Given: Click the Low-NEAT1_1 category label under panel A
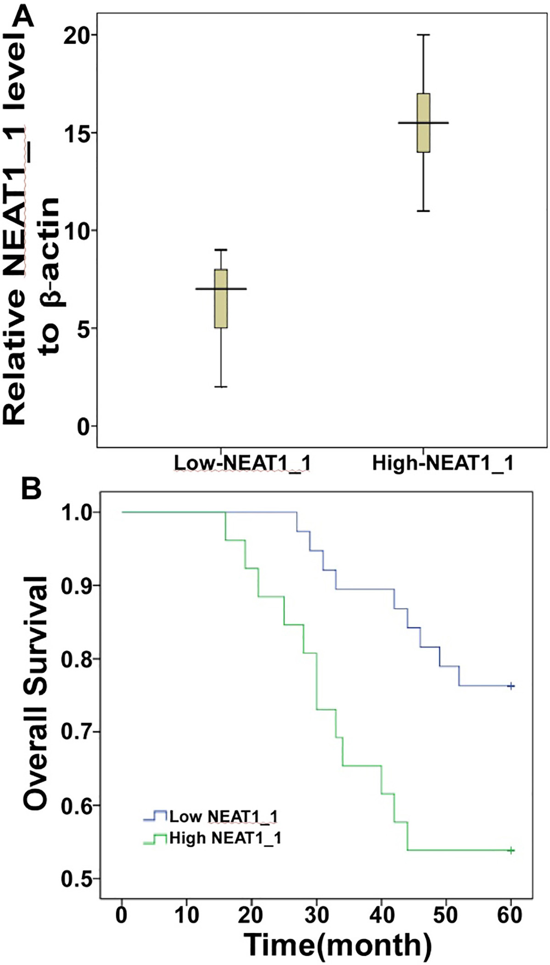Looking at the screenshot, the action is point(242,463).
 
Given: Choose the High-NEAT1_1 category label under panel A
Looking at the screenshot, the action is point(443,463).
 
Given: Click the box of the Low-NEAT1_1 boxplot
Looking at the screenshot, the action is point(221,299).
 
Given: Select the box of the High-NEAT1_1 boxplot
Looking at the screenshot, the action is point(423,123).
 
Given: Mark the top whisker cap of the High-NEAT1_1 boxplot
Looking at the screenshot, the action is point(423,34).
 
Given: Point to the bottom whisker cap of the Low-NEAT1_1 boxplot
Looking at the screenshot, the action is point(221,387).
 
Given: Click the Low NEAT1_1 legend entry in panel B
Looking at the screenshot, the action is point(211,817).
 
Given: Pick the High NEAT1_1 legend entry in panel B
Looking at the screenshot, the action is point(213,838).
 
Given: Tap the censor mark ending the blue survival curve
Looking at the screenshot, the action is point(511,686).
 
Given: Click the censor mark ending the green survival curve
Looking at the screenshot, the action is point(511,851).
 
